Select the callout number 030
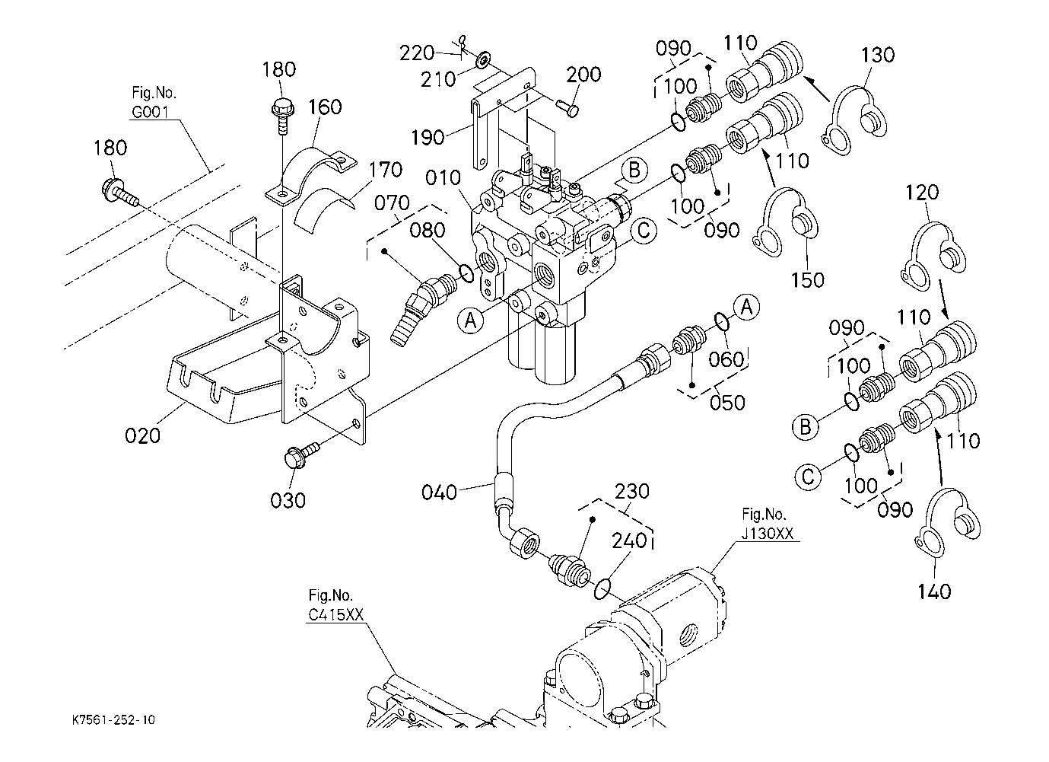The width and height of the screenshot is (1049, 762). (x=288, y=500)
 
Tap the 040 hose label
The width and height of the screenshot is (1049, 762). (x=440, y=493)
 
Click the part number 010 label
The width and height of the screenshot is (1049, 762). (x=443, y=179)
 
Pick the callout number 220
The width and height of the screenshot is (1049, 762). (x=417, y=53)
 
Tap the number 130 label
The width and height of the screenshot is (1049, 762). (x=879, y=55)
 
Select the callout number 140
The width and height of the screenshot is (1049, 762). (x=934, y=591)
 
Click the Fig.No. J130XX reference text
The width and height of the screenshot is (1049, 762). (x=767, y=524)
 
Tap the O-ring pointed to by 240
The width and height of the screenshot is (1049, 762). (x=602, y=587)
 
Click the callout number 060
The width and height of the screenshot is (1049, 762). (x=726, y=359)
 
